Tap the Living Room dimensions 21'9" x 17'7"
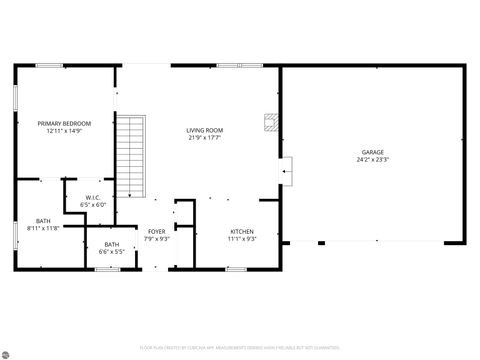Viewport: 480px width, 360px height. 204,138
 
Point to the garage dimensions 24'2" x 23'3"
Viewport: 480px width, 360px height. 372,160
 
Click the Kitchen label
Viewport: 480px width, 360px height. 242,231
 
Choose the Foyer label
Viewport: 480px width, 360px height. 157,231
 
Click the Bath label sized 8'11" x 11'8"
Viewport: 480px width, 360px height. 43,221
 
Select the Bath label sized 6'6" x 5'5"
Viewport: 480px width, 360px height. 111,244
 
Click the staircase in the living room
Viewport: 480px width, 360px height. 132,155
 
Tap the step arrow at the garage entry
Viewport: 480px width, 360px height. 286,172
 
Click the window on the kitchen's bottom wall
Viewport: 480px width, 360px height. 236,268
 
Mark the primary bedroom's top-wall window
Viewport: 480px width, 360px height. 50,66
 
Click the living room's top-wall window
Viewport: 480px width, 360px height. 240,66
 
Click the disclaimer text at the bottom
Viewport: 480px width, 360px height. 240,348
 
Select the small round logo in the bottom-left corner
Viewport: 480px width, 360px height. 7,353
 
